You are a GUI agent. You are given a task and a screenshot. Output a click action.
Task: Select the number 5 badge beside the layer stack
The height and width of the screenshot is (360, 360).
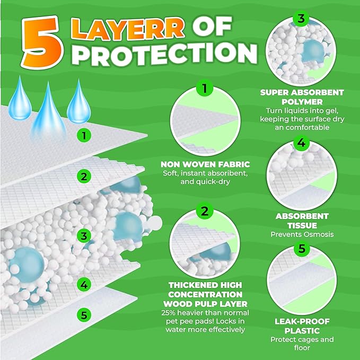pos(83,314)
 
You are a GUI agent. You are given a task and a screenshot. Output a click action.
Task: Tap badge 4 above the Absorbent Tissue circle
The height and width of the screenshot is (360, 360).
pos(301,143)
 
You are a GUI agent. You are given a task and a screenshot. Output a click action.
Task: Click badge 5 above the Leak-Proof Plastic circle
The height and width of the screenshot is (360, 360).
pos(301,248)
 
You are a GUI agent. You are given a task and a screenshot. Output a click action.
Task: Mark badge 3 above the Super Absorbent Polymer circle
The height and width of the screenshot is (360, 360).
pos(301,19)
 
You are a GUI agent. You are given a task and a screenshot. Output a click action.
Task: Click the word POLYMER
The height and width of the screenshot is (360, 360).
pos(302,101)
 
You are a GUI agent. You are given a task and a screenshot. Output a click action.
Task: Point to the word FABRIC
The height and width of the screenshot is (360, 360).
pos(234,165)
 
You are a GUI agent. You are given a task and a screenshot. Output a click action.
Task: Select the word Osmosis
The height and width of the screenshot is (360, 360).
pos(313,234)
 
